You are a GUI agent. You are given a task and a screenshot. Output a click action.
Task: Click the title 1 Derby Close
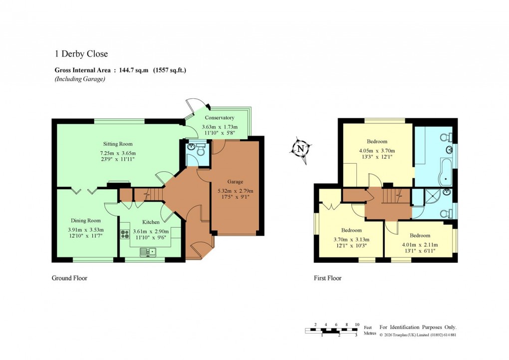[x=81, y=54]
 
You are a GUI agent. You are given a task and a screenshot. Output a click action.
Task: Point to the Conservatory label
[x=219, y=118]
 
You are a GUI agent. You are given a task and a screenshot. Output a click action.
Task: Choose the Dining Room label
[x=85, y=220]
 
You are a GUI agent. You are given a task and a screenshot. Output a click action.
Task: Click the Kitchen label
[x=151, y=222]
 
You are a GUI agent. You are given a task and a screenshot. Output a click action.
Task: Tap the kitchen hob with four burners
[x=125, y=233]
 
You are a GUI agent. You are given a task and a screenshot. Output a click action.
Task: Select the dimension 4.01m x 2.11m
[x=419, y=245]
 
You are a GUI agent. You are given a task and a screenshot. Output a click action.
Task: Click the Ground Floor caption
[x=69, y=278]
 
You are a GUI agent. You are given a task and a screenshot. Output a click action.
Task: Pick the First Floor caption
[x=327, y=278]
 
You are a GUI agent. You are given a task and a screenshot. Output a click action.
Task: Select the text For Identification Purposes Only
[x=418, y=327]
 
